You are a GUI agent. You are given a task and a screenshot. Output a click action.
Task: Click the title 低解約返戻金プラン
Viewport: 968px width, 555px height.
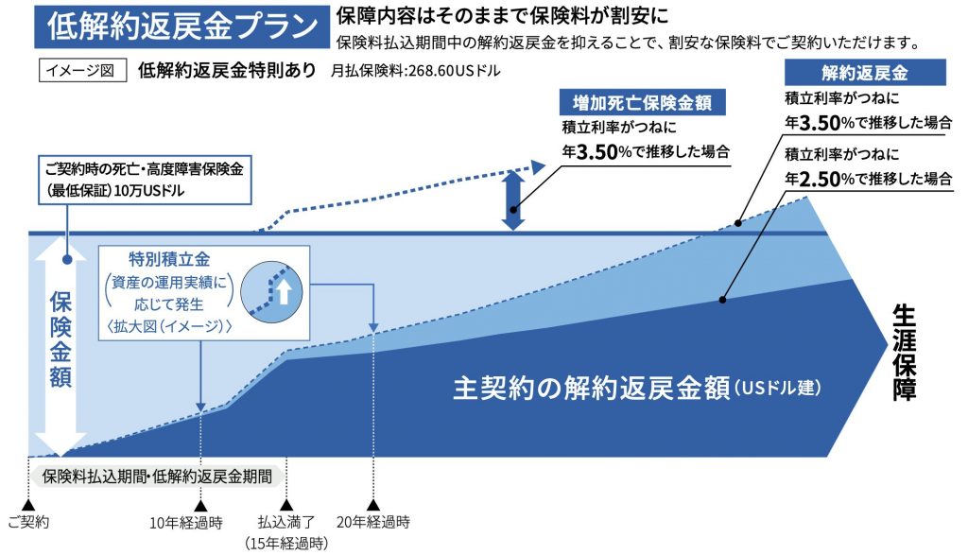coord(182,26)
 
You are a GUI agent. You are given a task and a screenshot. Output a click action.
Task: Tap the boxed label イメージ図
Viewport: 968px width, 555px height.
coord(83,70)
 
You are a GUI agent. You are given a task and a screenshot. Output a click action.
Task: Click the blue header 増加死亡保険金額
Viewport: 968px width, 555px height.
coord(642,102)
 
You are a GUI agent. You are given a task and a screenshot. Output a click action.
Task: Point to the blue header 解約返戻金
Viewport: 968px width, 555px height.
coord(865,73)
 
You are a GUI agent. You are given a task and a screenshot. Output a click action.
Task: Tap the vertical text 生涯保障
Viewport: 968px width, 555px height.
coord(904,353)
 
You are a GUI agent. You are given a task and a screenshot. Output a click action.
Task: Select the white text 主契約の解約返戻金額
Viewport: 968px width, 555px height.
coord(591,389)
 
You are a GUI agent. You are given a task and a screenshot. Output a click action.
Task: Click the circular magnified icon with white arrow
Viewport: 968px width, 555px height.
coord(271,291)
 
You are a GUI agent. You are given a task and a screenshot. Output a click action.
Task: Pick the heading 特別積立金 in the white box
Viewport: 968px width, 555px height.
coord(169,259)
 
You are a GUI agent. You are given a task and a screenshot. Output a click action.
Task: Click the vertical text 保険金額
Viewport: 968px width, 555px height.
coord(60,339)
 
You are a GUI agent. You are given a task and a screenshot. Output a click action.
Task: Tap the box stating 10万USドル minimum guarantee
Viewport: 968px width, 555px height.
coord(145,180)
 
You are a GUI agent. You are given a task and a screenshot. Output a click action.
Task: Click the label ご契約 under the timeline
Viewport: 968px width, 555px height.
coord(28,522)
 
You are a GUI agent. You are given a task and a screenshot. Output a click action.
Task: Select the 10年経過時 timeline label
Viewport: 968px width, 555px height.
coord(186,523)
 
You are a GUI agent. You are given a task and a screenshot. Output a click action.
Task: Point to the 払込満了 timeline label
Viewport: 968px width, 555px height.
coord(286,522)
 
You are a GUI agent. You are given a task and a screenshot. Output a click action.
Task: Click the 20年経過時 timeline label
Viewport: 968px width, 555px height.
coord(372,522)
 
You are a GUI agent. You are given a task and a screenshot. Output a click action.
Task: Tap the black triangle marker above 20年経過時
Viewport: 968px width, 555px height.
coord(372,505)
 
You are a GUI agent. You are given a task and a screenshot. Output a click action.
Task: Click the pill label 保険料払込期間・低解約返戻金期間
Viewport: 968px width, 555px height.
coord(157,477)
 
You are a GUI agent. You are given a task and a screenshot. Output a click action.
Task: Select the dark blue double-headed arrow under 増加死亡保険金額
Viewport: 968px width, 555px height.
coord(513,200)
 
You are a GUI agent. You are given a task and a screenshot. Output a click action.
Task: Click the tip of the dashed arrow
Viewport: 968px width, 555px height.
coord(545,166)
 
